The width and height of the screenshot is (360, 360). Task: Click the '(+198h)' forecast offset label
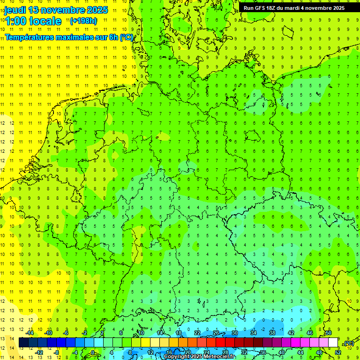pos(83,21)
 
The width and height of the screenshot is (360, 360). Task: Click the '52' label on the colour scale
pos(338,352)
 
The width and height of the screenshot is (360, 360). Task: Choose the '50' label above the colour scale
pos(329,333)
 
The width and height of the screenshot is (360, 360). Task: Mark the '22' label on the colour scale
pos(197,333)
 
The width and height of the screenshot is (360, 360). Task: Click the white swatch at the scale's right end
pos(333,343)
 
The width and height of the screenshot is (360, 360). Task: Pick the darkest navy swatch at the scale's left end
pos(24,343)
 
